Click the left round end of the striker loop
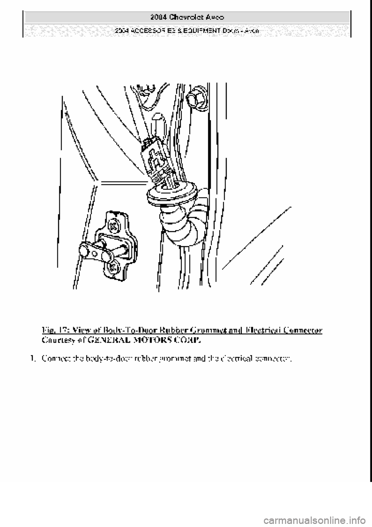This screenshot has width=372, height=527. (84, 250)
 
